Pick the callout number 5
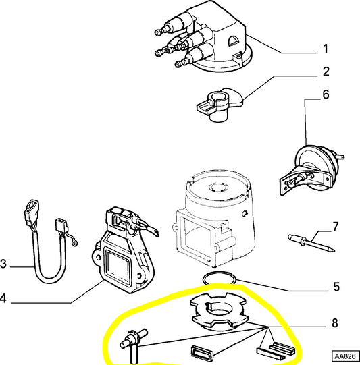pos(336,287)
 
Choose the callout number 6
pos(326,95)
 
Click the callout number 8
pos(336,324)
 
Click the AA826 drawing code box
pos(344,355)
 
